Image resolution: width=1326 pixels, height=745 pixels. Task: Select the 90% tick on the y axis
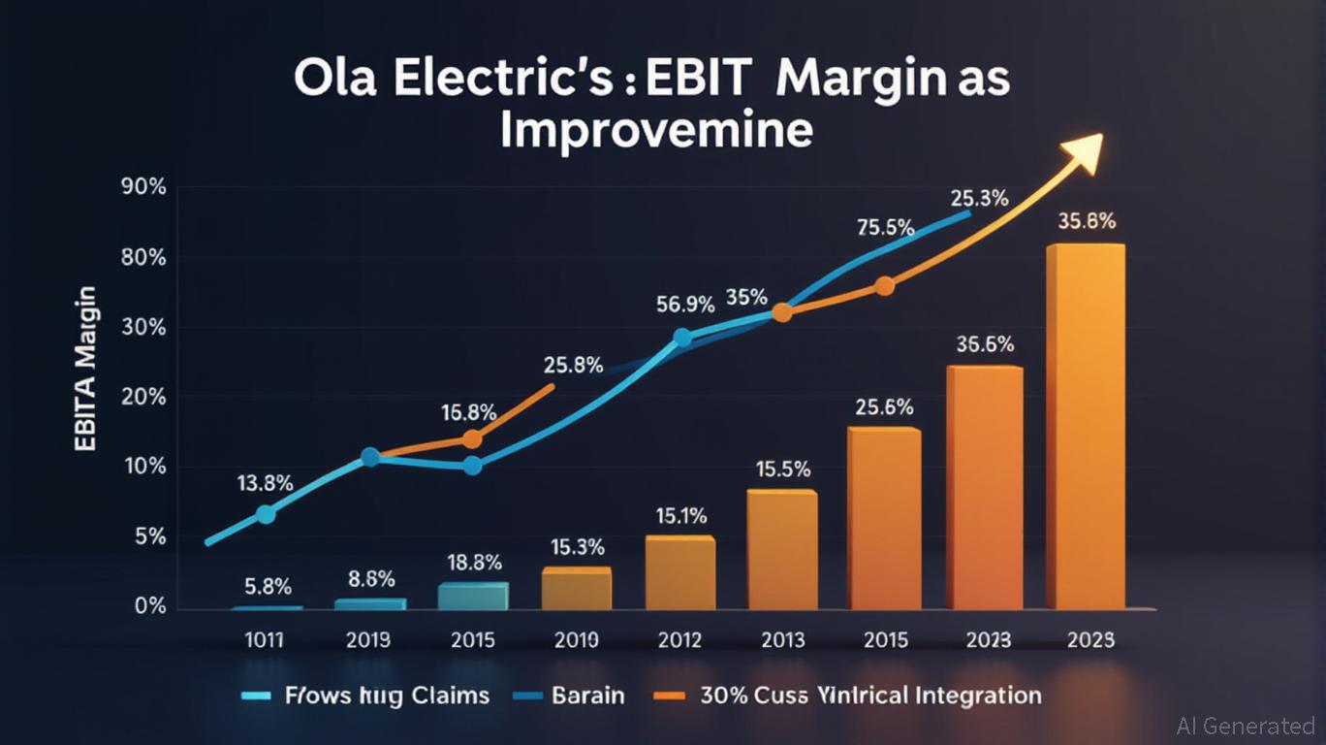tap(143, 187)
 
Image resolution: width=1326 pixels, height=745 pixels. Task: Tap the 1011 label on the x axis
tap(264, 640)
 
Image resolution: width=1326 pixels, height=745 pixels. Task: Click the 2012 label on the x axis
tap(679, 640)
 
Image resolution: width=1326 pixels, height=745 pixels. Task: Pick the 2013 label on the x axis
tap(781, 640)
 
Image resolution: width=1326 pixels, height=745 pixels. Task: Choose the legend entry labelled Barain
tap(587, 696)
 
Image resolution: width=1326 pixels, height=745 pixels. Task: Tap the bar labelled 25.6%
tap(883, 518)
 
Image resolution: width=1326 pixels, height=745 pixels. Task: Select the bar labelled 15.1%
tap(679, 572)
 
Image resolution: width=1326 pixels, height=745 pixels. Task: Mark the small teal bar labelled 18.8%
tap(473, 596)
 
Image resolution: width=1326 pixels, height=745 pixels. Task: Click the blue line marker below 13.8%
tap(265, 514)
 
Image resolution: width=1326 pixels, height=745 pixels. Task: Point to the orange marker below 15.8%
tap(472, 438)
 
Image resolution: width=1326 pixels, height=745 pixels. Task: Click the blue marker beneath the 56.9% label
tap(682, 338)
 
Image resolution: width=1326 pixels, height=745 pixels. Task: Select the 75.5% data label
tap(886, 228)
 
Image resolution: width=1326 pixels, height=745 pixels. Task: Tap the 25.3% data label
tap(979, 199)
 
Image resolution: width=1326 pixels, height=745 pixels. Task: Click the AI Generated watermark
tap(1246, 726)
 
